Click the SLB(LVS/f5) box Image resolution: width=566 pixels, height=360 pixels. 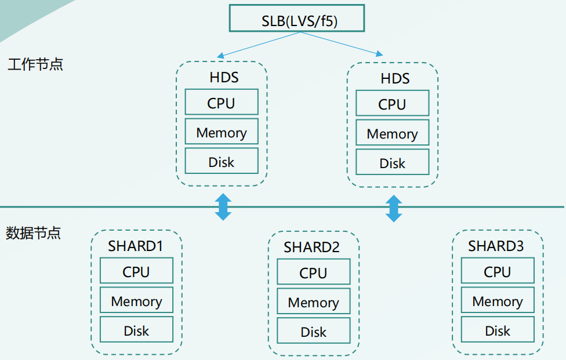(296, 18)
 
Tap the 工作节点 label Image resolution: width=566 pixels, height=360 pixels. (35, 64)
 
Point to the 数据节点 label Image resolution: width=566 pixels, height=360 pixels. (34, 234)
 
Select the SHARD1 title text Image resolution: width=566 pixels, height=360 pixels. (136, 246)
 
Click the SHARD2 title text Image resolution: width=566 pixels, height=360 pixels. (311, 248)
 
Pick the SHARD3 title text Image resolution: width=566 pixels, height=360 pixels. (496, 246)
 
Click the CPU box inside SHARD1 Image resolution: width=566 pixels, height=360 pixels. (136, 271)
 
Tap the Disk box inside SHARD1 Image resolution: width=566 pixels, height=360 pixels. (136, 330)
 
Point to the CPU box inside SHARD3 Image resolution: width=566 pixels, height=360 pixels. (497, 271)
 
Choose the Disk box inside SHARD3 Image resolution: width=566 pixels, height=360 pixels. (497, 330)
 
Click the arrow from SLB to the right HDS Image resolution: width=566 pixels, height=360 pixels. (342, 44)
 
